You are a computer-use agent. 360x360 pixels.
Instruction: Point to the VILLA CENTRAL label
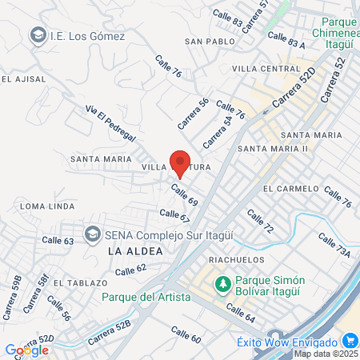pyautogui.click(x=266, y=70)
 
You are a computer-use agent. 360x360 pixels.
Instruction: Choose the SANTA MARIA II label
pyautogui.click(x=273, y=149)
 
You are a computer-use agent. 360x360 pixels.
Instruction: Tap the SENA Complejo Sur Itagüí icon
pyautogui.click(x=92, y=234)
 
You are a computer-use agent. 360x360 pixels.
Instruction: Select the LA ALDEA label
pyautogui.click(x=128, y=251)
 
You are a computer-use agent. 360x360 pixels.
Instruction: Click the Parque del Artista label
pyautogui.click(x=146, y=297)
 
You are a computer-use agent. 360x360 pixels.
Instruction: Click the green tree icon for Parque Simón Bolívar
pyautogui.click(x=222, y=282)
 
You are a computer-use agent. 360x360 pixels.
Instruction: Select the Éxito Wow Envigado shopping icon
pyautogui.click(x=278, y=338)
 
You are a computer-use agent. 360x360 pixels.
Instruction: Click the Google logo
pyautogui.click(x=26, y=350)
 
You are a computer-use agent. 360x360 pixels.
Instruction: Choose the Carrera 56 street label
pyautogui.click(x=193, y=113)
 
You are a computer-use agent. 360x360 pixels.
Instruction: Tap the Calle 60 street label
pyautogui.click(x=186, y=335)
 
